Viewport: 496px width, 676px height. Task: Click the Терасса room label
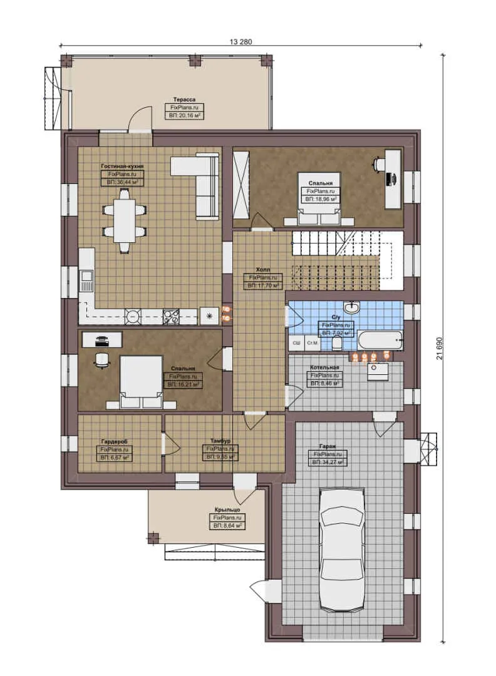(x=185, y=100)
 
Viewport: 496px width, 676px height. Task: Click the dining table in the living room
(x=124, y=220)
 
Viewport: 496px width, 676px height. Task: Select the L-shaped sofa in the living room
(x=200, y=182)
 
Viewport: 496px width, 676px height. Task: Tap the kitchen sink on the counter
(x=86, y=280)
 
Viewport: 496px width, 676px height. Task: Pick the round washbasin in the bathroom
(x=353, y=308)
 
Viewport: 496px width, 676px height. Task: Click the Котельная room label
(x=325, y=367)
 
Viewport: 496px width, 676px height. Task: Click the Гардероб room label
(x=114, y=441)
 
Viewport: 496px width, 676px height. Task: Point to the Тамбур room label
(x=219, y=441)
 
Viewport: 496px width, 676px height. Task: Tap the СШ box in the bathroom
(x=297, y=343)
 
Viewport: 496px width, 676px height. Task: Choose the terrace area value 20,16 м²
(x=185, y=115)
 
